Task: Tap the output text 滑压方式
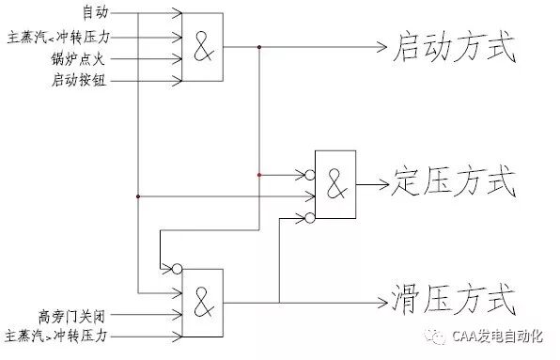pyautogui.click(x=453, y=301)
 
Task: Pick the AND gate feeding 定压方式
pyautogui.click(x=335, y=185)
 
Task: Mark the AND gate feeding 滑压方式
pyautogui.click(x=203, y=303)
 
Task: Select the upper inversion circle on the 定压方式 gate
pyautogui.click(x=308, y=174)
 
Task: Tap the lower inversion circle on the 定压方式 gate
pyautogui.click(x=308, y=218)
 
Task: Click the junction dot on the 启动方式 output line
pyautogui.click(x=258, y=45)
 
